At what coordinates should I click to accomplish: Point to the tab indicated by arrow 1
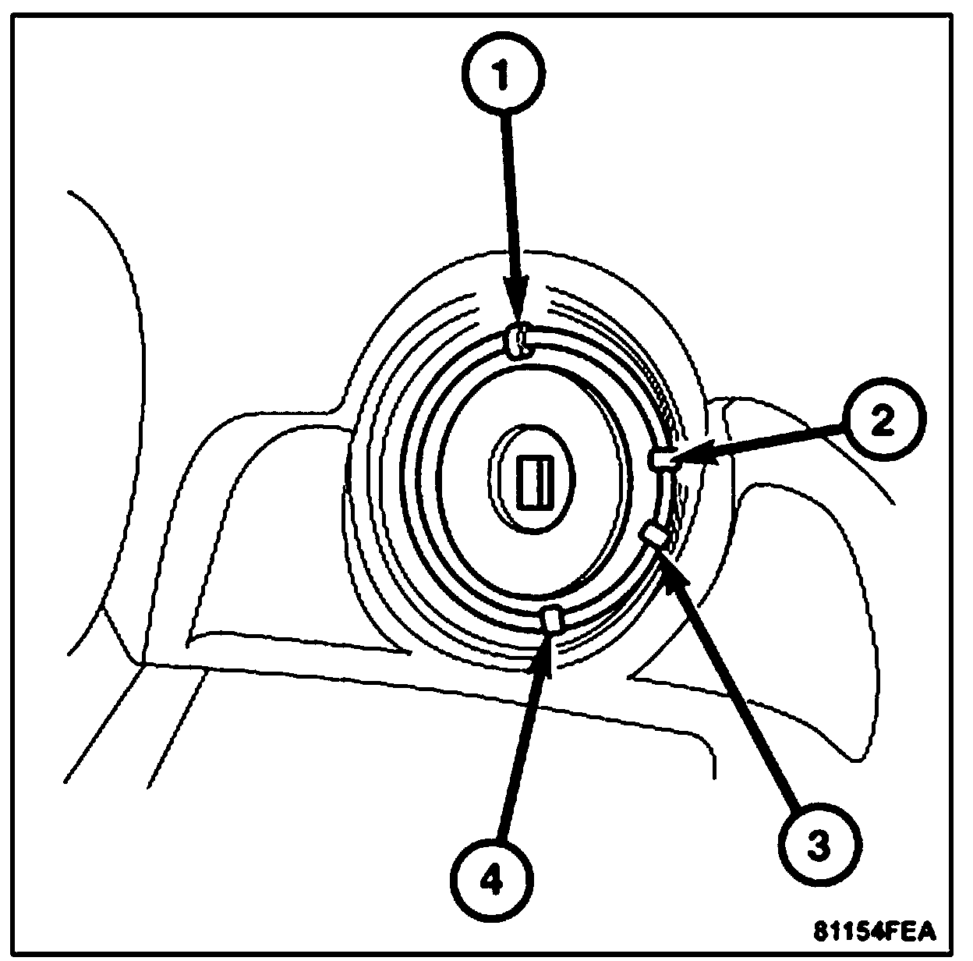point(518,341)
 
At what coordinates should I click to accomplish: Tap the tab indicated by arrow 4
point(553,619)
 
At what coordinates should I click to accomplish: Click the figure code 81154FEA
point(874,931)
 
